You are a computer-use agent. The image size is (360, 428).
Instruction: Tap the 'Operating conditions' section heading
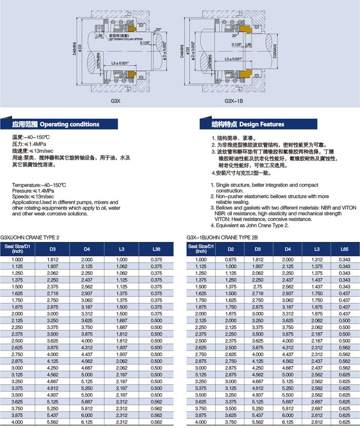coord(69,124)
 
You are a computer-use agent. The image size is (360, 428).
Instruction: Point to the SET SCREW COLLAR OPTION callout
coord(125,38)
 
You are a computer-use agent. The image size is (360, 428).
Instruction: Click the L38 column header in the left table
coord(156,250)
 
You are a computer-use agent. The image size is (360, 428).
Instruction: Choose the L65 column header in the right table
coord(344,250)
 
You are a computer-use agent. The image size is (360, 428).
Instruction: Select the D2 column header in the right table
coord(232,250)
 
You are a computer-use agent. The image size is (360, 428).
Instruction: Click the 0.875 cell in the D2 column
coord(232,259)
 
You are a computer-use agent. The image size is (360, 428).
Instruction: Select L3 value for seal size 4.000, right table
coord(315,421)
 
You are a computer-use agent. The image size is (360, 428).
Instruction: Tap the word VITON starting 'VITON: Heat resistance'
coord(221,219)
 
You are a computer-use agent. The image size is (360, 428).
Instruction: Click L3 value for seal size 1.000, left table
coord(122,259)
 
